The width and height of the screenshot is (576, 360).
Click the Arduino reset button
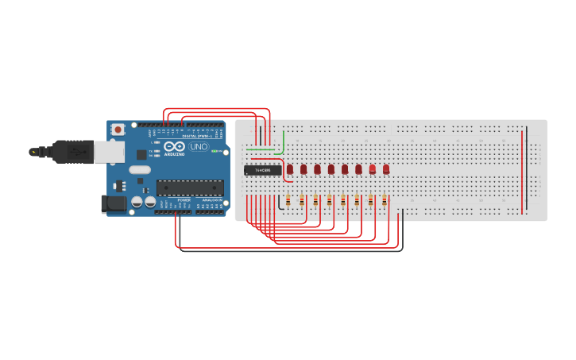point(118,129)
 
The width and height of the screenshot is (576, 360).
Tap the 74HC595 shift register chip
point(262,169)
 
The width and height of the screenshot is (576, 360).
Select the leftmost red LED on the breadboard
point(290,169)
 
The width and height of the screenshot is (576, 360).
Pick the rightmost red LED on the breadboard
point(386,169)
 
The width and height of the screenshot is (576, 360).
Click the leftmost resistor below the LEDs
point(288,202)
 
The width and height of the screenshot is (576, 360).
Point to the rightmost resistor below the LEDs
point(384,202)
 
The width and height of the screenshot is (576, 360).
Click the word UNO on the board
point(199,147)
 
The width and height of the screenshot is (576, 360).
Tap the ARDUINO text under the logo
point(174,154)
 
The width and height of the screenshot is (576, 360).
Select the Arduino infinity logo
point(175,147)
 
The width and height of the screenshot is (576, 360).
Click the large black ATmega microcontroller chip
point(190,188)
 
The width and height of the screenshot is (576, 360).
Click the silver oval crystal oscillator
point(139,168)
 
